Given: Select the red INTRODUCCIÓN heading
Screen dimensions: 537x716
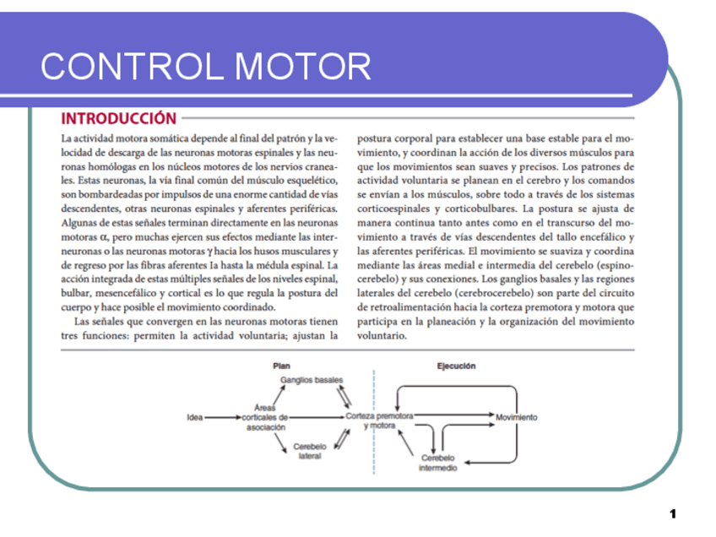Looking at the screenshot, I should click(x=119, y=119).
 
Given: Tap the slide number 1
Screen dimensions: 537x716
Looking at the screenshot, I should click(x=673, y=513).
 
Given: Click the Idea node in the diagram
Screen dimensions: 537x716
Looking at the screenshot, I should click(x=194, y=417).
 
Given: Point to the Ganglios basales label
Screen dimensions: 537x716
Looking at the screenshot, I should click(x=312, y=381).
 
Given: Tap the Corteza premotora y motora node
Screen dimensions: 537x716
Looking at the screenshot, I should click(x=379, y=420).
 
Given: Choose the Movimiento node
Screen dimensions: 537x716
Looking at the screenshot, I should click(x=517, y=417).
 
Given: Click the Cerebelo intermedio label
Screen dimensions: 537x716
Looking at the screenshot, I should click(x=438, y=462).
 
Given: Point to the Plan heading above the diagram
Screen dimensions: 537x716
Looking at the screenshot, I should click(x=281, y=366).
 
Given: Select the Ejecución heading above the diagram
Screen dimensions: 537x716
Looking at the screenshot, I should click(x=456, y=366).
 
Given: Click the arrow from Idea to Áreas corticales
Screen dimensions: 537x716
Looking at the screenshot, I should click(x=221, y=417).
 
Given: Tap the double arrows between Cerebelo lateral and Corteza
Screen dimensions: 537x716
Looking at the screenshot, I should click(x=344, y=437).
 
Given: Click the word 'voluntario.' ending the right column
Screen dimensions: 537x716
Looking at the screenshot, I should click(x=382, y=335).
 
